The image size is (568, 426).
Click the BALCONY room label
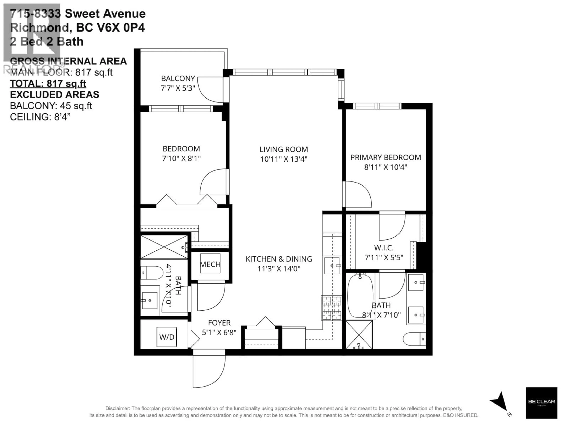(178, 78)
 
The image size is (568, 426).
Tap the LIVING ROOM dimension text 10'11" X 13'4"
(284, 159)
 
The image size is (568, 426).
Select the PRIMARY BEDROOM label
(385, 157)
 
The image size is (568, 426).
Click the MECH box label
(210, 264)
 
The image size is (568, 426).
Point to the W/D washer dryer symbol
(167, 337)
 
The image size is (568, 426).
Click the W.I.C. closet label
(384, 248)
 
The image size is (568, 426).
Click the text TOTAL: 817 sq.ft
(48, 83)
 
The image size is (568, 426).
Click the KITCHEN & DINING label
(279, 259)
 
